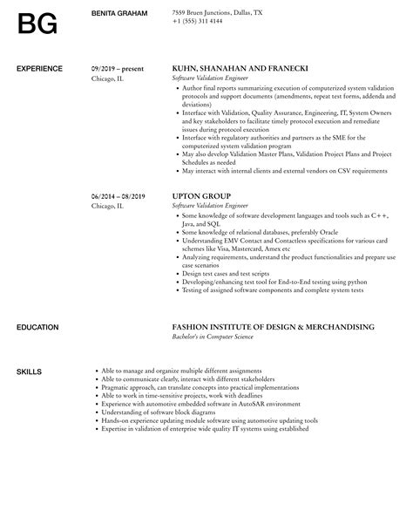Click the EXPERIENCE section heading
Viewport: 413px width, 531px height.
tap(40, 67)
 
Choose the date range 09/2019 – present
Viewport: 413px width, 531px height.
tap(116, 67)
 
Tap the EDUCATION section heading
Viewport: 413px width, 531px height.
tap(38, 327)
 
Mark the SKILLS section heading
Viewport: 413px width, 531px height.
tap(29, 371)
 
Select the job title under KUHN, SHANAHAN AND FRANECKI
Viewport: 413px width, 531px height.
tap(210, 78)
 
